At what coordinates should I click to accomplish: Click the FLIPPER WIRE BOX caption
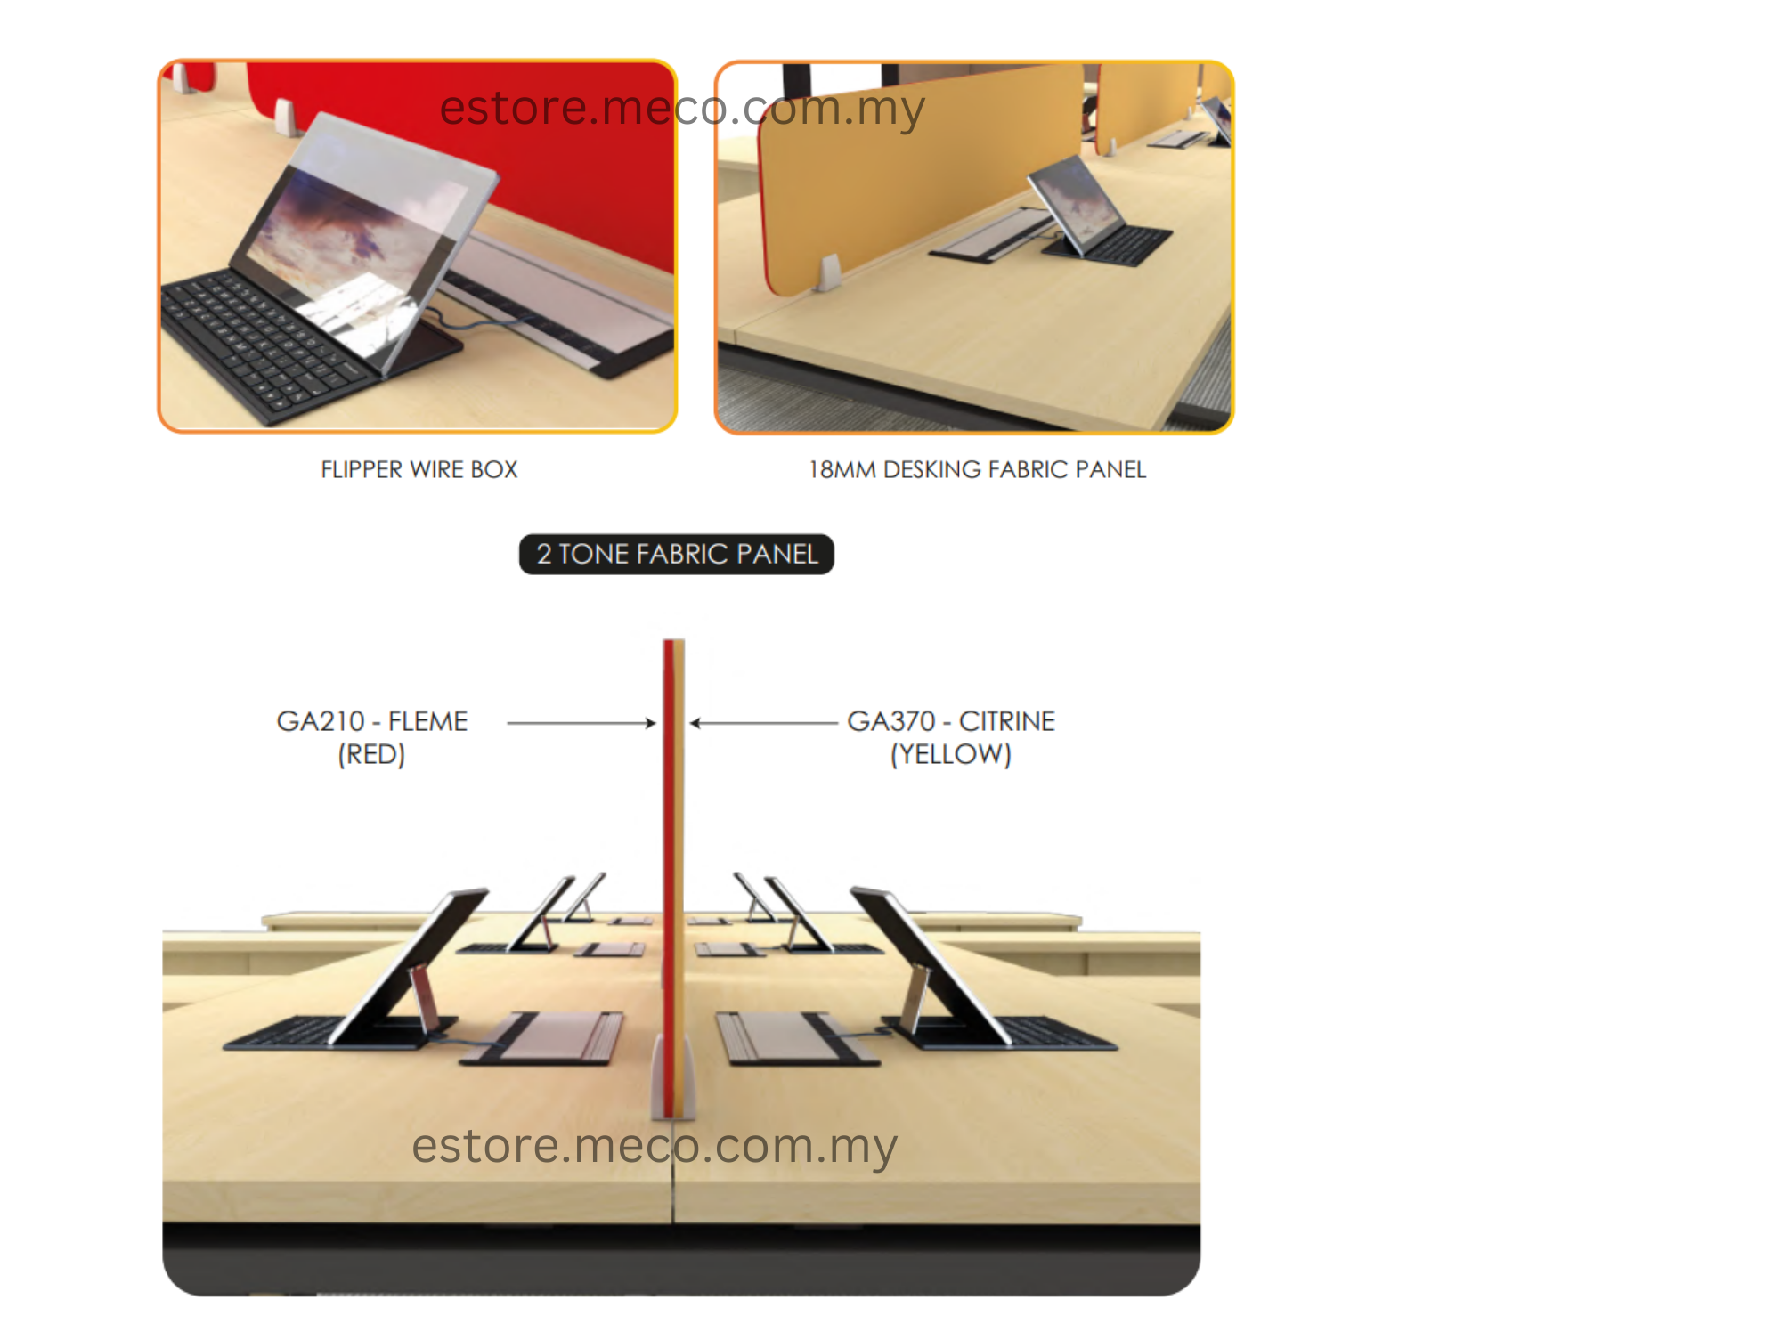[419, 469]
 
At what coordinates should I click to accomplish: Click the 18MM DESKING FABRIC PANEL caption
[977, 469]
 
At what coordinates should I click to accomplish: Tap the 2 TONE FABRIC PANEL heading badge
[677, 554]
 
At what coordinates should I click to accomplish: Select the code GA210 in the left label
[321, 720]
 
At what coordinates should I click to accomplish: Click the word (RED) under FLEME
[371, 754]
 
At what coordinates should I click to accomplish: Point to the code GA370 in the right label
[891, 720]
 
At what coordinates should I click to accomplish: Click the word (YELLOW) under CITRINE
[951, 754]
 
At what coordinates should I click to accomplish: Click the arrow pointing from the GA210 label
[581, 723]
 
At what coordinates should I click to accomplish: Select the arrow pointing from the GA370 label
[764, 723]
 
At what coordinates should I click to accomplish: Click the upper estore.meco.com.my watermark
[682, 109]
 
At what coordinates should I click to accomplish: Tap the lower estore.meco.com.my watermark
[655, 1146]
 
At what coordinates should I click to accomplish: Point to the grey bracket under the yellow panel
[830, 272]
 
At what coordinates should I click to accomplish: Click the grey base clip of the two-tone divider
[673, 1077]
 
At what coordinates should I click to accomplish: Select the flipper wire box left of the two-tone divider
[541, 1037]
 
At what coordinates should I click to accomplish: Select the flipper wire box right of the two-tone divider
[798, 1037]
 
